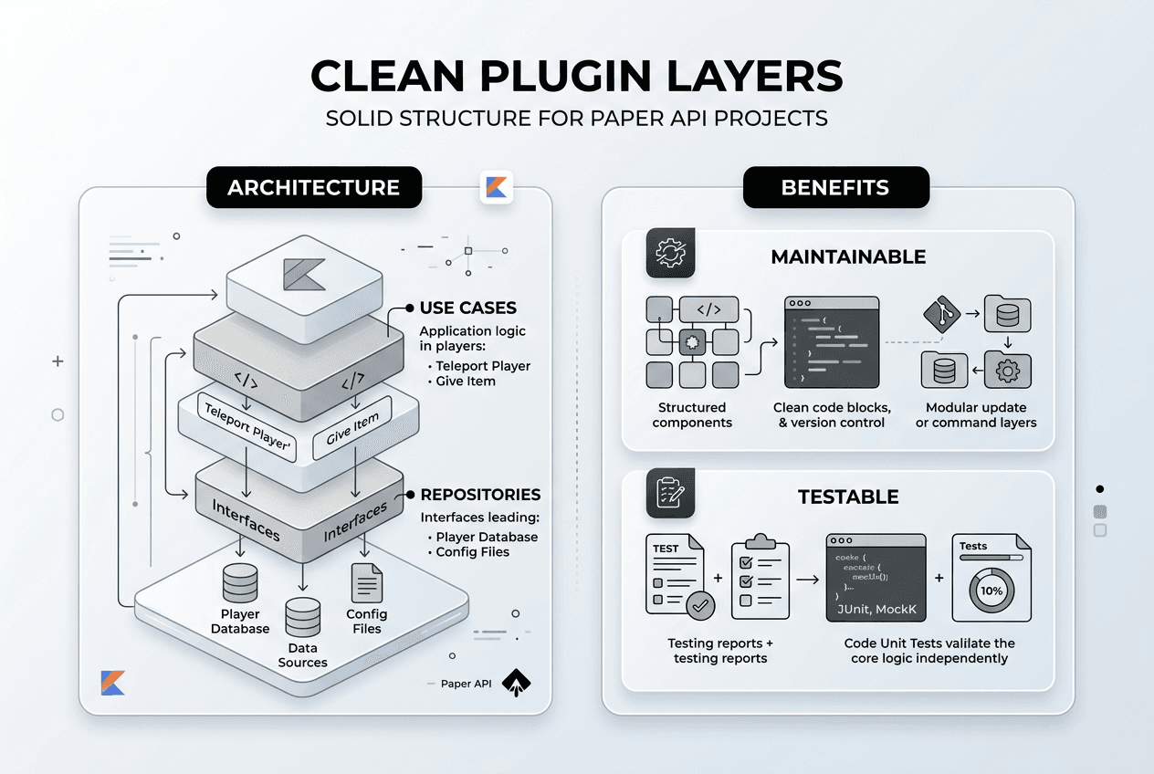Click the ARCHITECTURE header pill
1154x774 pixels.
[313, 188]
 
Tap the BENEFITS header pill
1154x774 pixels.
[835, 188]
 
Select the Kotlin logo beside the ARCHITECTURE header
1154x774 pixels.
[497, 188]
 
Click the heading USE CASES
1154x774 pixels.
[467, 309]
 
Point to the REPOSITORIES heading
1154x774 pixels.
[480, 495]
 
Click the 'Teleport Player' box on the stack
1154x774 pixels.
[247, 428]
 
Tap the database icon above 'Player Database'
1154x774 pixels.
[240, 583]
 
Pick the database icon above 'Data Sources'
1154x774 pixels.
[302, 618]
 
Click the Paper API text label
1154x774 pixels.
[466, 684]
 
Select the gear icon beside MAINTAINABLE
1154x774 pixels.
[671, 254]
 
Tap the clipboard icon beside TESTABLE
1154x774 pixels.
[671, 493]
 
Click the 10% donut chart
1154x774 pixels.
[991, 590]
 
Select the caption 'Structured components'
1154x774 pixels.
[692, 415]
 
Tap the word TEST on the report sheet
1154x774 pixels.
[666, 549]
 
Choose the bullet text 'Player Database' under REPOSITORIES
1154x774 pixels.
[487, 538]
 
